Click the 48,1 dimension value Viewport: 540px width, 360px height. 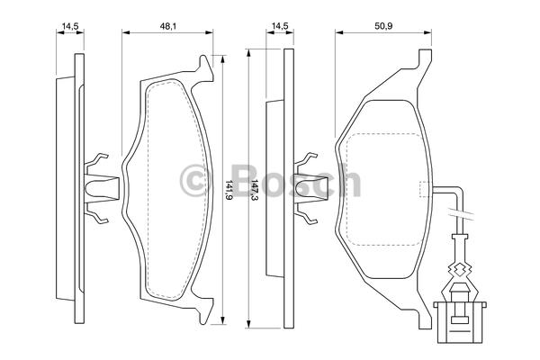pyautogui.click(x=167, y=26)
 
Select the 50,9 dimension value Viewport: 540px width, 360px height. pyautogui.click(x=383, y=26)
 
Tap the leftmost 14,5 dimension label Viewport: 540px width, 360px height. pyautogui.click(x=70, y=26)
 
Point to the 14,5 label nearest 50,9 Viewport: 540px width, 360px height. pyautogui.click(x=280, y=26)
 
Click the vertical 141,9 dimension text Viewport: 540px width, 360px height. pyautogui.click(x=229, y=189)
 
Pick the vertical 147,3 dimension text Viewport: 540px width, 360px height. pyautogui.click(x=255, y=189)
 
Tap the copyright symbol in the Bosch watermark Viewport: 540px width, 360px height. pyautogui.click(x=193, y=180)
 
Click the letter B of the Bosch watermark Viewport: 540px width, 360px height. pyautogui.click(x=247, y=180)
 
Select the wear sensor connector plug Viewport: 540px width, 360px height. pyautogui.click(x=459, y=322)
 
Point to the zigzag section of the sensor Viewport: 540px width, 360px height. pyautogui.click(x=459, y=269)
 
